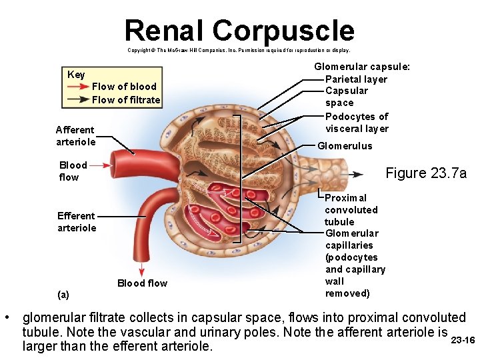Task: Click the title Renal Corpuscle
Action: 239,30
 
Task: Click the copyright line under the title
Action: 239,50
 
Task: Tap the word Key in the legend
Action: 76,74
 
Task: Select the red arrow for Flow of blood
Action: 78,87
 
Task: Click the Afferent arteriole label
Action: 75,135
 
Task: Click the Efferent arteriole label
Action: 77,221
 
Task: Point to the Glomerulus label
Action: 345,146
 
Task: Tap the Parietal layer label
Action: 356,79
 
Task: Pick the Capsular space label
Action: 346,97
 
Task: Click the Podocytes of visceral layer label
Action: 357,123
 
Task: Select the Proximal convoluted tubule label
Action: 351,209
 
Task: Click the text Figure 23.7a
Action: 426,173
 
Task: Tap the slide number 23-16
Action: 463,340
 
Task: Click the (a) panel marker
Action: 63,294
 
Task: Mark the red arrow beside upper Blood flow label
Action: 99,165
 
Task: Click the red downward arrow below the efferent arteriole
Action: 141,269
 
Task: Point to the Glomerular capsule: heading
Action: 362,67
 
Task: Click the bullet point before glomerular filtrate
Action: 7,318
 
